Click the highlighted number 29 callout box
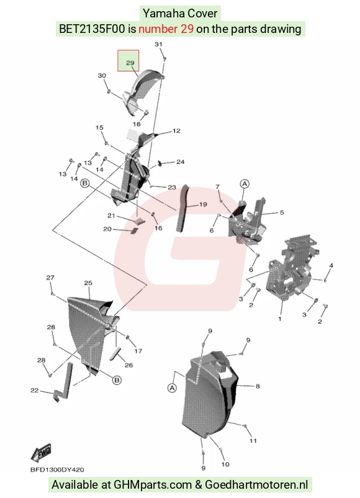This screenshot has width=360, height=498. pyautogui.click(x=128, y=60)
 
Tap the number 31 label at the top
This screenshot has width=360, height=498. pyautogui.click(x=158, y=44)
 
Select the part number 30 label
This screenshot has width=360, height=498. pyautogui.click(x=102, y=76)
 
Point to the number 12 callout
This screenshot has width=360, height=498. pyautogui.click(x=176, y=130)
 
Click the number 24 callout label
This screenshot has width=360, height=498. pyautogui.click(x=181, y=162)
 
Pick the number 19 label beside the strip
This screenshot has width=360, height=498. pyautogui.click(x=203, y=204)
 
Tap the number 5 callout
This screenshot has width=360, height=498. pyautogui.click(x=282, y=212)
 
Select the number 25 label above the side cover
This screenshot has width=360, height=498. pyautogui.click(x=88, y=283)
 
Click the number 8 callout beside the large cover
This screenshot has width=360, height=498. pyautogui.click(x=258, y=386)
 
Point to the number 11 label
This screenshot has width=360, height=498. pyautogui.click(x=253, y=441)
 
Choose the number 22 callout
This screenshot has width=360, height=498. pyautogui.click(x=34, y=391)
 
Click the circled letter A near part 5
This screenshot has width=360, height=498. pyautogui.click(x=245, y=184)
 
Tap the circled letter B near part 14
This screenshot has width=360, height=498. pyautogui.click(x=85, y=183)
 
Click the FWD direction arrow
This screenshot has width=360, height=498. pyautogui.click(x=41, y=452)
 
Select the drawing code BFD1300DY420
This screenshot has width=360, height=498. pyautogui.click(x=57, y=469)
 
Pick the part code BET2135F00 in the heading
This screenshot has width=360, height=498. pyautogui.click(x=92, y=29)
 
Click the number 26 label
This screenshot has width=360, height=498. pyautogui.click(x=128, y=365)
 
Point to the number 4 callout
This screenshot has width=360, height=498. pyautogui.click(x=331, y=266)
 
